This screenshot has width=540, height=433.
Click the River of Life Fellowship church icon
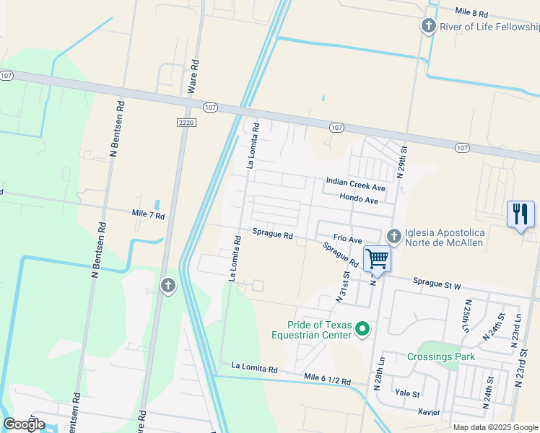[x=429, y=27]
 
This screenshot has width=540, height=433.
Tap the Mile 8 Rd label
[x=472, y=13]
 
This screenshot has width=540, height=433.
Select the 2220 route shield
[x=186, y=123]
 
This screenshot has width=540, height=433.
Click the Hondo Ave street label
[x=359, y=199]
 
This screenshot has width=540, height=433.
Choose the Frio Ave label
[x=347, y=238]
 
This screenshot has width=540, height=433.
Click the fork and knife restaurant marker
[x=521, y=214]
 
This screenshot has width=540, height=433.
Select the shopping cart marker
[x=377, y=258]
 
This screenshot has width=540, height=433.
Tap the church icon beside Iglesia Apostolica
[x=394, y=236]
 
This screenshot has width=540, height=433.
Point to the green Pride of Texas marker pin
[x=362, y=330]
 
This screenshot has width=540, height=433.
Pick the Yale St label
[x=406, y=394]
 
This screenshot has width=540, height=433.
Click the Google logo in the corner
[x=25, y=424]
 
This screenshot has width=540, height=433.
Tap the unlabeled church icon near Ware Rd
[x=167, y=286]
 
